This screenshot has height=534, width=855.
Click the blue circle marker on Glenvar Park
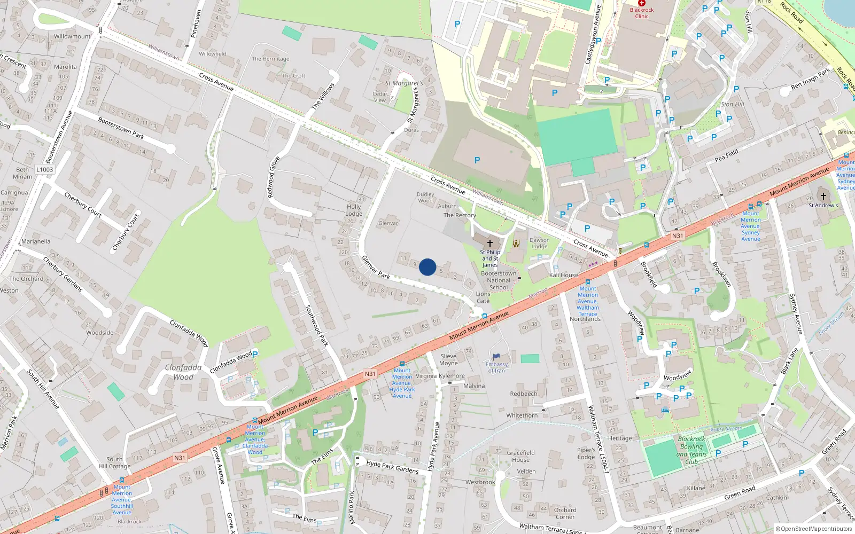[x=428, y=267]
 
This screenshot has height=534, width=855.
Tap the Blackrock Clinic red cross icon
[x=642, y=3]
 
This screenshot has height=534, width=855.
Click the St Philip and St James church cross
[x=489, y=244]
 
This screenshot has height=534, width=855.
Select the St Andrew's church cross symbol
[x=823, y=196]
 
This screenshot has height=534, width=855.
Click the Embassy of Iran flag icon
[x=496, y=357]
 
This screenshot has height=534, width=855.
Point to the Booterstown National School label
[x=499, y=280]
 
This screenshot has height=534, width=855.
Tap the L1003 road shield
[x=45, y=170]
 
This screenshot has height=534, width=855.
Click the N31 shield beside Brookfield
[x=677, y=235]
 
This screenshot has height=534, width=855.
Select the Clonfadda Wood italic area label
[x=183, y=372]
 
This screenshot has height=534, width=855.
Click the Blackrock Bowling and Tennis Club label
[x=691, y=450]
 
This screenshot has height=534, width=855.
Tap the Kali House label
[x=563, y=275]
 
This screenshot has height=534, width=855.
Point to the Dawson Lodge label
[x=539, y=244]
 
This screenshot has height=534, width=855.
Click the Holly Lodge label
[x=354, y=210]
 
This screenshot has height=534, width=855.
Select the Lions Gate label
[x=483, y=297]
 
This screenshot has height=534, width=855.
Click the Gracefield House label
[x=520, y=456]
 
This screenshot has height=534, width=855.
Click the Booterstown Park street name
[x=121, y=128]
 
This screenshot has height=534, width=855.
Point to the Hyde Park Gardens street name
[x=392, y=467]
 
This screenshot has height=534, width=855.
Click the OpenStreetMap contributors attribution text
[x=814, y=529]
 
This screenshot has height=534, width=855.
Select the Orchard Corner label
[x=565, y=513]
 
